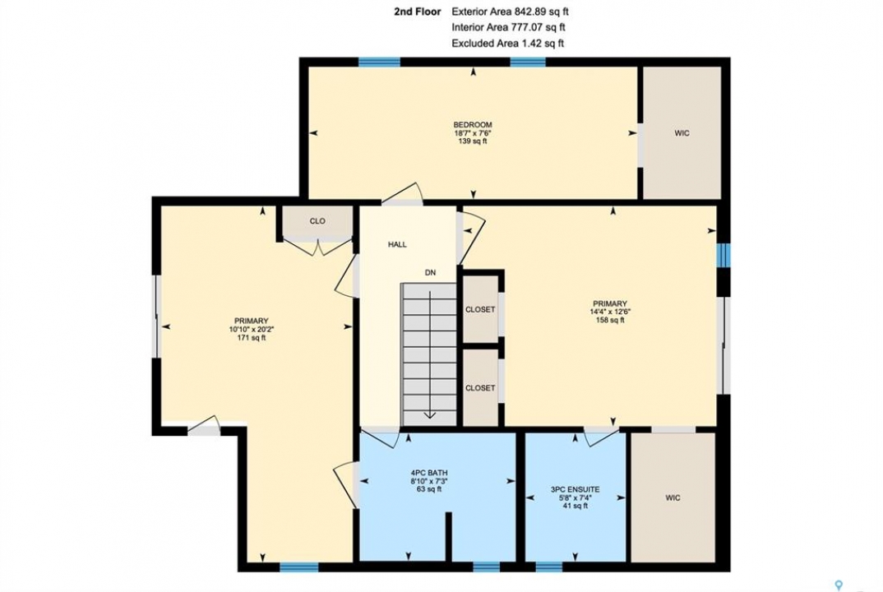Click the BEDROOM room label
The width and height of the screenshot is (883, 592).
(x=473, y=124)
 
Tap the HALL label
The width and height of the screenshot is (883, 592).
(x=397, y=244)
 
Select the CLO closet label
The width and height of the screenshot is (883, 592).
(x=317, y=221)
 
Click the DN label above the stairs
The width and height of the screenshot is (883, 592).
(x=430, y=273)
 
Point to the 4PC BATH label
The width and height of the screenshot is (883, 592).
(x=429, y=473)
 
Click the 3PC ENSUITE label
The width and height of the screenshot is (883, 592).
(x=575, y=489)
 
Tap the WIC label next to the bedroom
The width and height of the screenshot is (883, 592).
(x=682, y=133)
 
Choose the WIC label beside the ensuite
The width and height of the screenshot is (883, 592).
(x=673, y=498)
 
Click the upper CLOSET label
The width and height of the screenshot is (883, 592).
(x=480, y=309)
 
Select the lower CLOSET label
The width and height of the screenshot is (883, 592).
(x=480, y=388)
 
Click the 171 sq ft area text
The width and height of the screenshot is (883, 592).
(x=251, y=338)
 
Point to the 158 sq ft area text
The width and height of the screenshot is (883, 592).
(x=610, y=320)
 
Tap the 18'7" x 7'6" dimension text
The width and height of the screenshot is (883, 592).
(x=473, y=133)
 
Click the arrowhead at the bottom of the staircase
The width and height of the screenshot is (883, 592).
(x=430, y=415)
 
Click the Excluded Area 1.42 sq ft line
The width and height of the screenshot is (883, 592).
(x=508, y=44)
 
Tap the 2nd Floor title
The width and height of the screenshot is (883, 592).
(x=418, y=12)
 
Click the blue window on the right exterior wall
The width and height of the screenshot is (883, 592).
(x=727, y=254)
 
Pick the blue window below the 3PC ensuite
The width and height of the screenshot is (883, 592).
(x=548, y=567)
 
